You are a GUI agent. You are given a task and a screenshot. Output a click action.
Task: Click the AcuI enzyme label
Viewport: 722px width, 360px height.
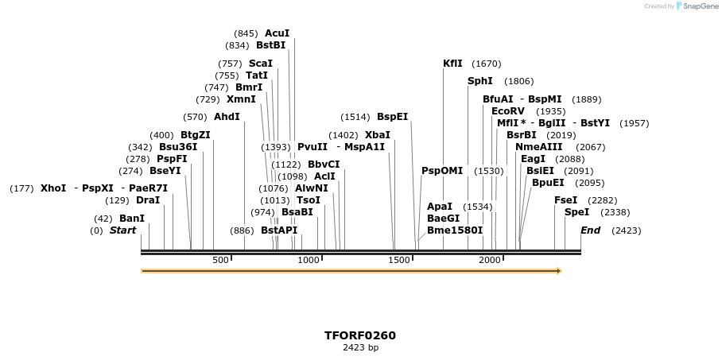(277, 33)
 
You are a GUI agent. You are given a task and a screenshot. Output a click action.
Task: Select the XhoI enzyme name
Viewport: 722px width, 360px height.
(53, 188)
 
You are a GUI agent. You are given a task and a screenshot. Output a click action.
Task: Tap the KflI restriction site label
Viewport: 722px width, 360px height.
(452, 64)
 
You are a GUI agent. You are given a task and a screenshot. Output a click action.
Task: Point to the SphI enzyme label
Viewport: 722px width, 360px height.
(479, 81)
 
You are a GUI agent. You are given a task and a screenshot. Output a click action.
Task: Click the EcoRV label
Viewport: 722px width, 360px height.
(508, 111)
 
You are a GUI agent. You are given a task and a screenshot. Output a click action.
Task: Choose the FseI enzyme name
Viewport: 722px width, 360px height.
(565, 200)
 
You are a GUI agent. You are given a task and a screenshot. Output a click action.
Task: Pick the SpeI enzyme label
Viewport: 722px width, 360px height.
(576, 212)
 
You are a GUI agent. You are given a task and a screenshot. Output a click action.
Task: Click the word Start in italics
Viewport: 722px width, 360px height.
(122, 230)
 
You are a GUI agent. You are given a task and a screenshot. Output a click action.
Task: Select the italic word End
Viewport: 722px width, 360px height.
(590, 230)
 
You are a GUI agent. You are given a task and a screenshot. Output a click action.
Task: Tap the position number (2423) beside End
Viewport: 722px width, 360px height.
(626, 230)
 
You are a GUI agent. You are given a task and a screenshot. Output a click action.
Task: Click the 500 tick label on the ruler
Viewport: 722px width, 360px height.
(220, 260)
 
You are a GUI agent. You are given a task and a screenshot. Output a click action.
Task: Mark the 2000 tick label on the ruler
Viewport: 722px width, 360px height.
(489, 260)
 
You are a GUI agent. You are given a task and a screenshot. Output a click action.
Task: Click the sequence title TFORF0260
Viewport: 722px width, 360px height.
(360, 335)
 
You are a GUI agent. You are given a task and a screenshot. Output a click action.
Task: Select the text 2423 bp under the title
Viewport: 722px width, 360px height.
(360, 348)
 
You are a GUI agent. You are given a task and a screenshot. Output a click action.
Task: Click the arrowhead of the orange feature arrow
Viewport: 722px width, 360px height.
(559, 271)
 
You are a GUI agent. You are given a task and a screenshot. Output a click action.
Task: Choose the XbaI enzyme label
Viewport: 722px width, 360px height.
(377, 135)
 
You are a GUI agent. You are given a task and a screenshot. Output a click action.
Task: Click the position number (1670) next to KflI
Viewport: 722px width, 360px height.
(486, 64)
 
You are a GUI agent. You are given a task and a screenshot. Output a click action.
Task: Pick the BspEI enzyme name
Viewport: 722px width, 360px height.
(392, 117)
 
